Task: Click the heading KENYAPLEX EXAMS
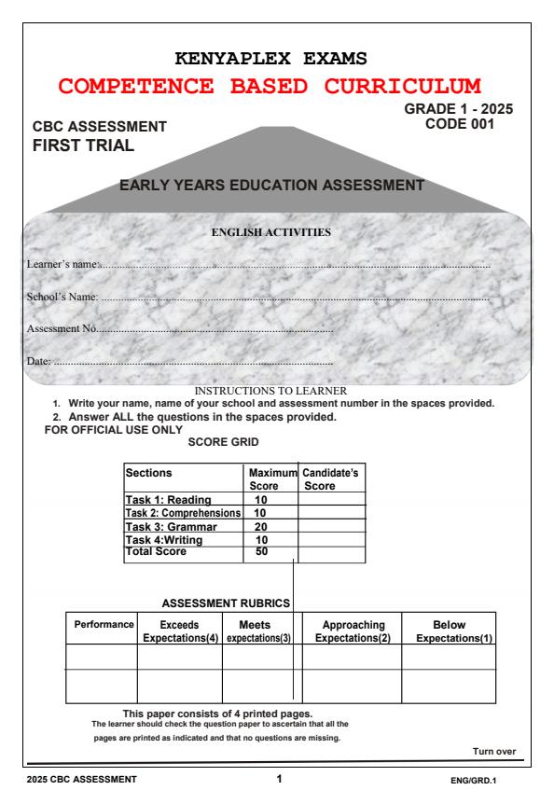(x=277, y=59)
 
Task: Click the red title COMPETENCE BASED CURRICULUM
(x=277, y=88)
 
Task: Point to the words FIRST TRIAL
(x=83, y=145)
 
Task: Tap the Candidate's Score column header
(x=329, y=479)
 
